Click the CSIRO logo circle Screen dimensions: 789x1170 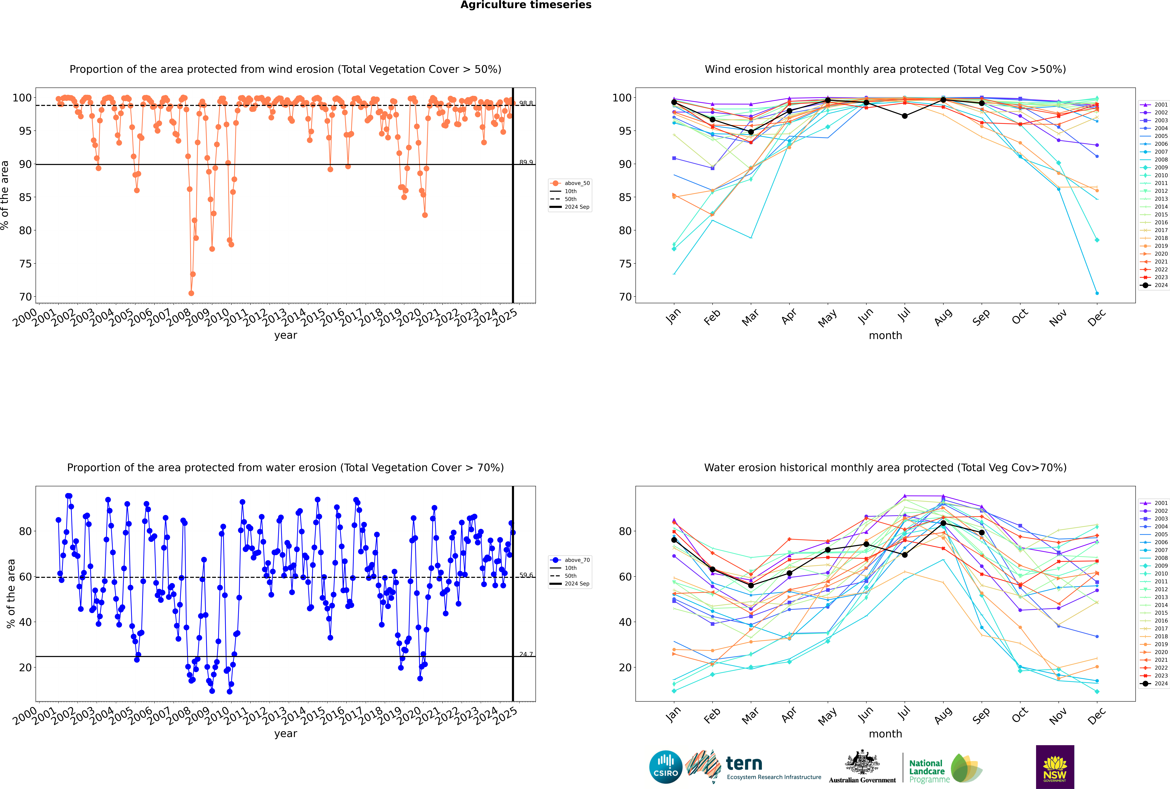[665, 767]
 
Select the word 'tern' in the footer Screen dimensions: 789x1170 [744, 764]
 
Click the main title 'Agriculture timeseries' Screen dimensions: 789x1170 [526, 5]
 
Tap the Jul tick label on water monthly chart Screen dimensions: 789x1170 [904, 714]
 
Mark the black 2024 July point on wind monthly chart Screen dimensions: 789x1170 [904, 116]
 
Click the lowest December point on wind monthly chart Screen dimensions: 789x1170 [1097, 293]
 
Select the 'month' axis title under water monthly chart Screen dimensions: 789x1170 [885, 734]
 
